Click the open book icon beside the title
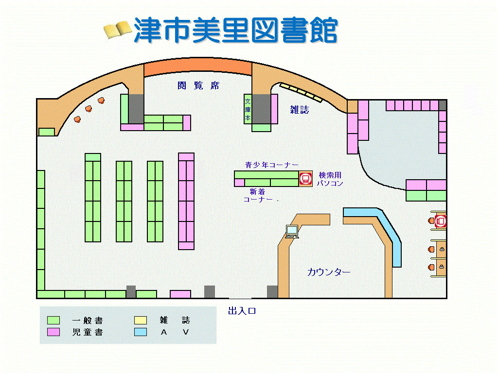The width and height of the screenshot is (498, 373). [x=118, y=30]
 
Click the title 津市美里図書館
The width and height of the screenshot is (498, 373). [x=235, y=30]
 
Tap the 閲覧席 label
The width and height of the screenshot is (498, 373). [x=198, y=86]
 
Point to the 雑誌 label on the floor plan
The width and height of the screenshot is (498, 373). [x=300, y=110]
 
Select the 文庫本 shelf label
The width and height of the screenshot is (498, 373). [x=248, y=110]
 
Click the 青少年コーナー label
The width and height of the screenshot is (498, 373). [x=271, y=165]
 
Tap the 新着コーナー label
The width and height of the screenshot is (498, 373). [x=261, y=195]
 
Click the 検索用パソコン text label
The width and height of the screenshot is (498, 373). [x=330, y=179]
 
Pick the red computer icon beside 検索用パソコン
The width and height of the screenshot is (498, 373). [x=305, y=178]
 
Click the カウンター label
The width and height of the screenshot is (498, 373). [x=329, y=272]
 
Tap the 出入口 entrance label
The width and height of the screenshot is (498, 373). [x=242, y=311]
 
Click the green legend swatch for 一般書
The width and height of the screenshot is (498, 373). [x=53, y=321]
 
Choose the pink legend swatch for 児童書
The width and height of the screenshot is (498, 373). [x=53, y=332]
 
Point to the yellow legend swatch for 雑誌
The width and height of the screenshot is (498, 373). [x=141, y=321]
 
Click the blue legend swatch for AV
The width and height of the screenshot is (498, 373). [x=141, y=332]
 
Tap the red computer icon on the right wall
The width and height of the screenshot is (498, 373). [x=441, y=221]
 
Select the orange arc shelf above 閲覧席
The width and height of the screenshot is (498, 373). [x=197, y=68]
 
